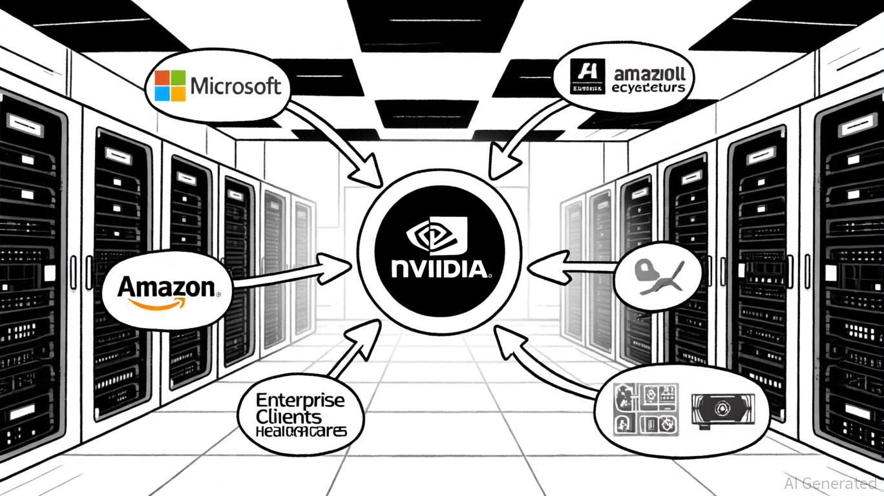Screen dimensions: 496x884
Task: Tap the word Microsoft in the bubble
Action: coord(236,86)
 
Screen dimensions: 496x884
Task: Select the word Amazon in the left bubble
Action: coord(167,286)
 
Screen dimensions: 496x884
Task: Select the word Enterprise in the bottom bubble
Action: coord(300,400)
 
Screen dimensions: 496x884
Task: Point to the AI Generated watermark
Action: coord(830,482)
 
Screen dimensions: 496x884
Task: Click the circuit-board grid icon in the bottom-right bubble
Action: coord(647,408)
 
